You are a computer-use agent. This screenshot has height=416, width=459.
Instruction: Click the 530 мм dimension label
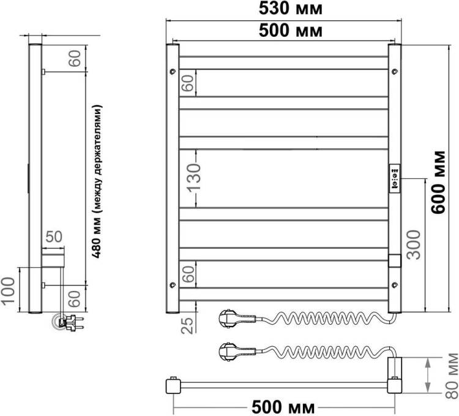290,9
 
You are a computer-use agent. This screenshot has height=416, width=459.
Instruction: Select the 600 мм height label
439,182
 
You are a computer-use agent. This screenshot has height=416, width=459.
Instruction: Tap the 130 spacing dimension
194,178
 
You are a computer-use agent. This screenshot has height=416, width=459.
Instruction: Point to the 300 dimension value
414,244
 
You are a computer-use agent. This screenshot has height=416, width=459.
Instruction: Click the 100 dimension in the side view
8,291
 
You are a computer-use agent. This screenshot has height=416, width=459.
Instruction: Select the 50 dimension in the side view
54,236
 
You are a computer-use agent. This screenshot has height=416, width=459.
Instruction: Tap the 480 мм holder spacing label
97,181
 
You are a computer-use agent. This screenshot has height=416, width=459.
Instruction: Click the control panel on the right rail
395,178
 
